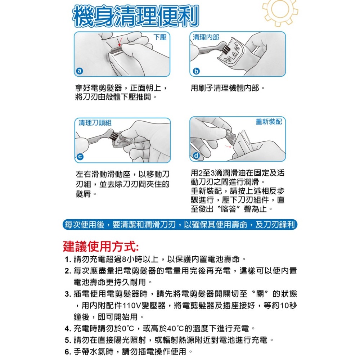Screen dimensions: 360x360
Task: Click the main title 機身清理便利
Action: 135,16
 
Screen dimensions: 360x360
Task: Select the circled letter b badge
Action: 195,71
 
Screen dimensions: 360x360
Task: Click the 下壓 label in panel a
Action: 160,37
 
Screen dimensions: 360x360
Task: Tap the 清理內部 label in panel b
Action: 206,37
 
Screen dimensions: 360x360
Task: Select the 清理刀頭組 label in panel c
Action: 95,123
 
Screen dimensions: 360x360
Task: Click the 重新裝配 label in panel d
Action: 269,122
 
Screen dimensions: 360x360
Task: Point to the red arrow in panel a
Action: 120,41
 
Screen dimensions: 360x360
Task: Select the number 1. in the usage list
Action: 68,260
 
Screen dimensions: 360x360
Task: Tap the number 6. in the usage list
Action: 68,352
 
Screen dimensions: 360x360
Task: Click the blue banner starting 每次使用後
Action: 179,225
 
